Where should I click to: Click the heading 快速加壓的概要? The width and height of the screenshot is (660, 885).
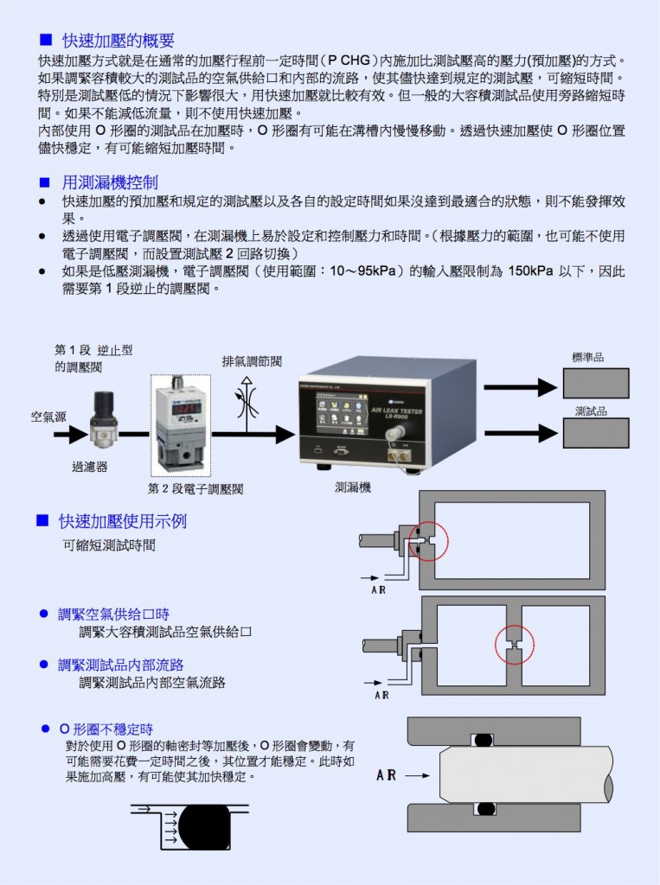(119, 41)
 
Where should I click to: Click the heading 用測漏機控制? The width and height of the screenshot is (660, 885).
(110, 182)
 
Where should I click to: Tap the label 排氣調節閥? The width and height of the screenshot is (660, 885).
(252, 361)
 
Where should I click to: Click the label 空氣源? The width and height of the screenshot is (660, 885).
(48, 416)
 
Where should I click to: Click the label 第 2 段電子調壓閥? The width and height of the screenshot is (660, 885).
(195, 489)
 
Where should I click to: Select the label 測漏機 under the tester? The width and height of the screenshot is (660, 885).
(353, 487)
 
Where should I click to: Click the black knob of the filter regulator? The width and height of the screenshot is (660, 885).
(104, 401)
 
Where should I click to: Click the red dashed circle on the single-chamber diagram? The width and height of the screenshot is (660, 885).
(428, 542)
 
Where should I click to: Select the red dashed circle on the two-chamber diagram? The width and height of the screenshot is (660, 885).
(516, 645)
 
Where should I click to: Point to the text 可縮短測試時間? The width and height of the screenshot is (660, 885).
(110, 546)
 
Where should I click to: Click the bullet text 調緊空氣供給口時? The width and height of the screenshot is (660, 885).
(113, 614)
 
